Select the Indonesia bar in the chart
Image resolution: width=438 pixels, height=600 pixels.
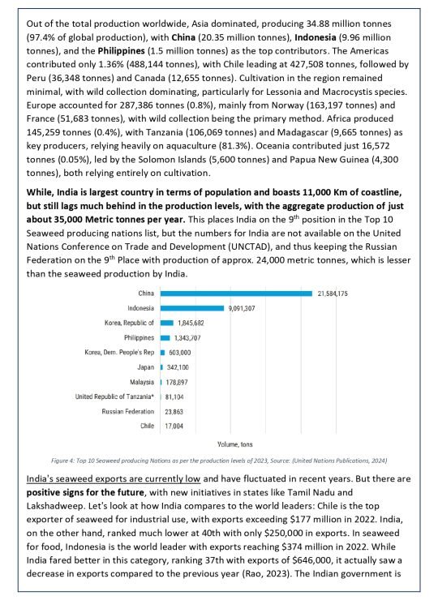point(192,308)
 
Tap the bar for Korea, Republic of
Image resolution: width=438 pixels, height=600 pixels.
point(167,323)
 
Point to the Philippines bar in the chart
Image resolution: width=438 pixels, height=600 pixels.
point(165,337)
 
